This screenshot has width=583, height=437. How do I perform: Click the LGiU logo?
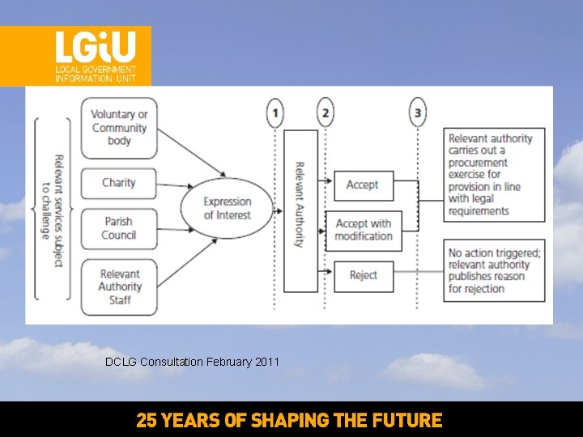[95, 56]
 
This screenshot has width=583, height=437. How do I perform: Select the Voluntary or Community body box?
[119, 128]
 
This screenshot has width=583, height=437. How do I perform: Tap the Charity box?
[118, 183]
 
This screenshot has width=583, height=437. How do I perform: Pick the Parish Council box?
[118, 228]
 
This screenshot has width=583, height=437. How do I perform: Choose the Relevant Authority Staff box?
[119, 286]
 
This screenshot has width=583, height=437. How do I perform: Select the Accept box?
[363, 185]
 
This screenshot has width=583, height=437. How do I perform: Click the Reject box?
[363, 275]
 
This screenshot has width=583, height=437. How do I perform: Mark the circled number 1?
[275, 112]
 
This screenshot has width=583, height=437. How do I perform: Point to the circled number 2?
[326, 112]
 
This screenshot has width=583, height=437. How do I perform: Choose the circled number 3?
[418, 112]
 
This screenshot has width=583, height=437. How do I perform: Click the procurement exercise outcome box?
[493, 174]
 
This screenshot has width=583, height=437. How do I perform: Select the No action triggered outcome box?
[493, 270]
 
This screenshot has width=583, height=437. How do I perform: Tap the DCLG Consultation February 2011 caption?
[192, 362]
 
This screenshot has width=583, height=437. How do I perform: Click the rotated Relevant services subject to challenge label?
[53, 208]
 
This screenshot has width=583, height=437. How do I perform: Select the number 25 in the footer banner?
[146, 421]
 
